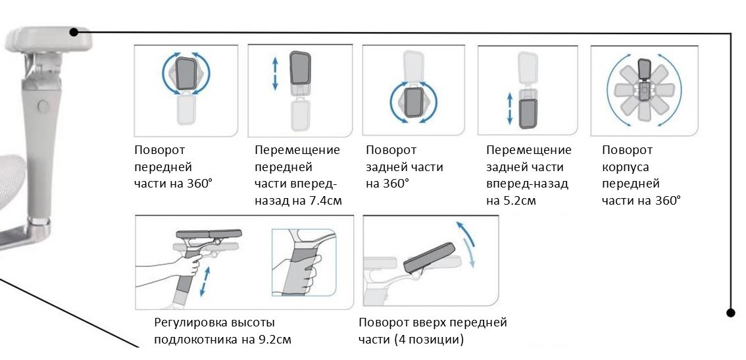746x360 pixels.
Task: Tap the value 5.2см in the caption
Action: tap(519, 200)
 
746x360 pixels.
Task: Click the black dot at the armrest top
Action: tap(74, 32)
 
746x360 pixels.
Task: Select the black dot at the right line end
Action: tap(730, 313)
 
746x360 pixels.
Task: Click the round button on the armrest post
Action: tap(42, 105)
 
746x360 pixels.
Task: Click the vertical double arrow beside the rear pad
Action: tap(509, 109)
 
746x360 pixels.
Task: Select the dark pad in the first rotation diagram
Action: tap(186, 74)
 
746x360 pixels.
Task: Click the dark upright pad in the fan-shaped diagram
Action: tap(644, 71)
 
